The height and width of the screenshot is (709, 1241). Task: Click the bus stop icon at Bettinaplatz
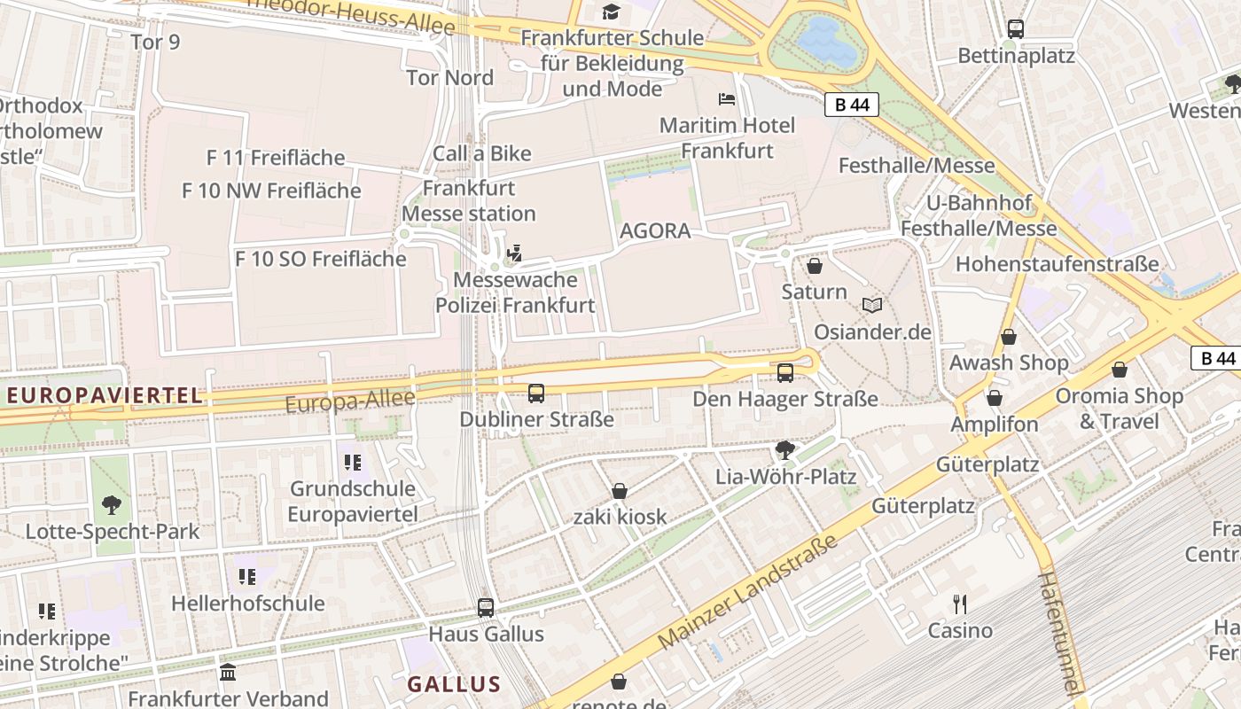[1016, 29]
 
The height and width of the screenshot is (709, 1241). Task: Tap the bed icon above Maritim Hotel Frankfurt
[727, 98]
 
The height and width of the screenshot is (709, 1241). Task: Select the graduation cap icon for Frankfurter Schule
[612, 12]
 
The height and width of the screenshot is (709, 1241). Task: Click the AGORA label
[655, 231]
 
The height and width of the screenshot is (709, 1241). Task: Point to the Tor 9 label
[155, 42]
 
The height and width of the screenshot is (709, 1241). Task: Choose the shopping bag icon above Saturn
[815, 265]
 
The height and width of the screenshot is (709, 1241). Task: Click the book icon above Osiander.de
[872, 306]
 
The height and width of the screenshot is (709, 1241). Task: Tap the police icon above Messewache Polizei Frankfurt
[514, 254]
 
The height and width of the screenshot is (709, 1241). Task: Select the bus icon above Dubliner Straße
[536, 393]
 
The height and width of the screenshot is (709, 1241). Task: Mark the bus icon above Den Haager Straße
[785, 373]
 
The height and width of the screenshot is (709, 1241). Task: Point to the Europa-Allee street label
[350, 401]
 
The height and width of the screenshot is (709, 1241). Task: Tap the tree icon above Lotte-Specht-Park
[112, 505]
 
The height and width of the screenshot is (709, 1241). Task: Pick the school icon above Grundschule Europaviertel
[353, 462]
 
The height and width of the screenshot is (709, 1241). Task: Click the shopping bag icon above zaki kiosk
[620, 491]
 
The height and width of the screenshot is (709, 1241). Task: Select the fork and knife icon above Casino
[960, 604]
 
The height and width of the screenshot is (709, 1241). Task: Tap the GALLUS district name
[454, 684]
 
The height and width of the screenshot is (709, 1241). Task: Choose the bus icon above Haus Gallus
[486, 608]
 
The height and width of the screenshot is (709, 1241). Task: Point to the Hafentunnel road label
[1060, 633]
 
